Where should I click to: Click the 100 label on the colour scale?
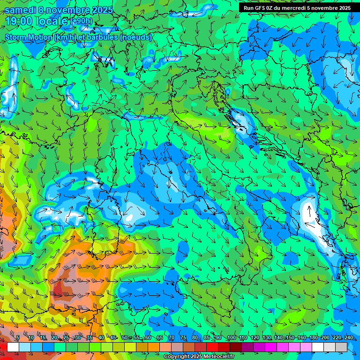[231, 338]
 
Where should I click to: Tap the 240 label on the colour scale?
[349, 338]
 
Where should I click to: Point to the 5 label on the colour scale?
[18, 338]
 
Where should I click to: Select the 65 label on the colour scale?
[160, 338]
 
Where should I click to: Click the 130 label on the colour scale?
[267, 338]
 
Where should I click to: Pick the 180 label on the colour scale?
[313, 338]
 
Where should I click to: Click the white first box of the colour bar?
[13, 347]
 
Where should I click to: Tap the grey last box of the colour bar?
[341, 347]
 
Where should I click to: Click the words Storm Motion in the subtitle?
[29, 37]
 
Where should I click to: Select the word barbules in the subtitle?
[103, 37]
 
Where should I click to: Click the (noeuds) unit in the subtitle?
[135, 37]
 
